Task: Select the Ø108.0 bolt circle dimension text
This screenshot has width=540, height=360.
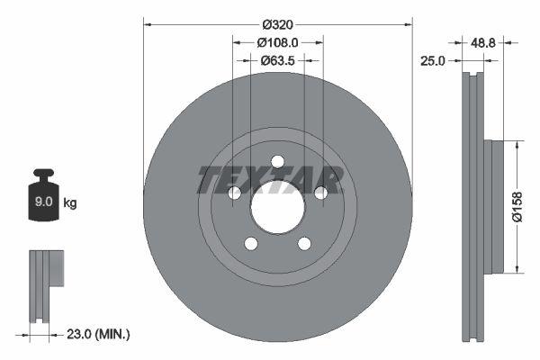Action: click(277, 41)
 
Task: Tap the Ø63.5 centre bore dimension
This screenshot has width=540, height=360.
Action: click(277, 60)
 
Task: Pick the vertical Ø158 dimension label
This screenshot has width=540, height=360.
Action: click(517, 205)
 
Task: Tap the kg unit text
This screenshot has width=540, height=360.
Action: click(70, 203)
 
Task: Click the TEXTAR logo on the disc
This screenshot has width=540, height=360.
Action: click(270, 180)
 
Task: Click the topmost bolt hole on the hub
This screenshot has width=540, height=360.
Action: click(277, 161)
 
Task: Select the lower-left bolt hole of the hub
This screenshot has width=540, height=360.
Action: click(251, 244)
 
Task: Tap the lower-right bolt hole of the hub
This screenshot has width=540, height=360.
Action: click(304, 244)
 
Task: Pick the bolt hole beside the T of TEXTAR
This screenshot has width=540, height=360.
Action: click(235, 193)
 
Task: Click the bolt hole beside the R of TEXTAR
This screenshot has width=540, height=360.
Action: click(319, 193)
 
